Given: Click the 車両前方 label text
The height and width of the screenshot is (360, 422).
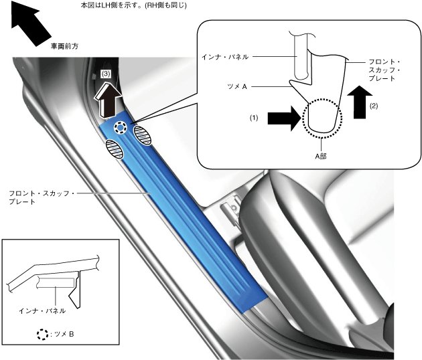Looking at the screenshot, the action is [x=64, y=47].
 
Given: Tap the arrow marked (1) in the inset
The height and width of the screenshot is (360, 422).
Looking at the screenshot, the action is [x=283, y=118].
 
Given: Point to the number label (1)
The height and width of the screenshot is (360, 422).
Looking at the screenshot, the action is [x=254, y=117].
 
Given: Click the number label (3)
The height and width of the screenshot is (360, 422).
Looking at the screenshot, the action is [x=105, y=72].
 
